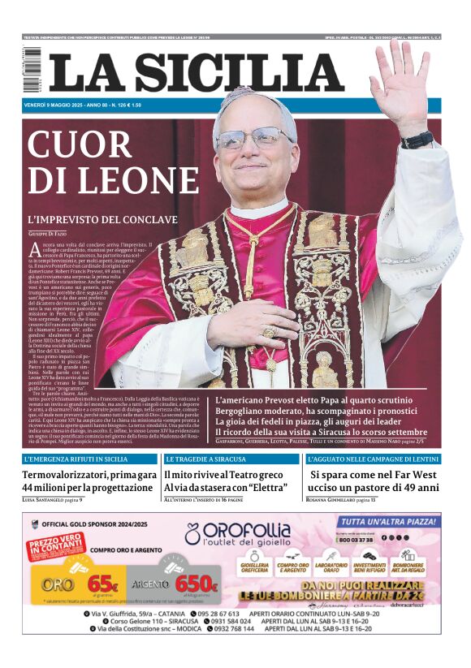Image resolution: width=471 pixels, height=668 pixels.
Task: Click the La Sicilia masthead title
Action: [195, 71]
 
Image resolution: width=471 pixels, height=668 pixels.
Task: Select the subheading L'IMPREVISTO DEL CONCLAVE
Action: [102, 220]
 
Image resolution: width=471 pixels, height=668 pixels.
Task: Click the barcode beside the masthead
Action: [32, 69]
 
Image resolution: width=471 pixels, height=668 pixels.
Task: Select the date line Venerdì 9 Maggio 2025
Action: [57, 105]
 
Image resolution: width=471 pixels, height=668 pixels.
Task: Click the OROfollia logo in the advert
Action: [244, 533]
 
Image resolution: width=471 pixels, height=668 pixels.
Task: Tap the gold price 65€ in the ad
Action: [103, 583]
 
